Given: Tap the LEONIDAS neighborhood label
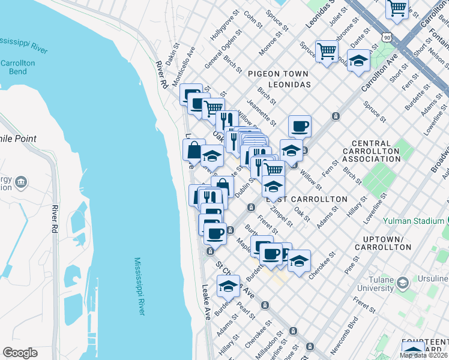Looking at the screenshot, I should (289, 85).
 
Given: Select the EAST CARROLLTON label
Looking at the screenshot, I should (312, 199).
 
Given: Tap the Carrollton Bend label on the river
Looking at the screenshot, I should (17, 67).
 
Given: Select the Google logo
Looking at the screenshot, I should (20, 353).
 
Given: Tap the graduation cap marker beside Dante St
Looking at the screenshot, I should (359, 61).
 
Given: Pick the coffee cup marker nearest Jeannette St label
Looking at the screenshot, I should (300, 126).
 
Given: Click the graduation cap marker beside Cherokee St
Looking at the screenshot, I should (299, 260).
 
